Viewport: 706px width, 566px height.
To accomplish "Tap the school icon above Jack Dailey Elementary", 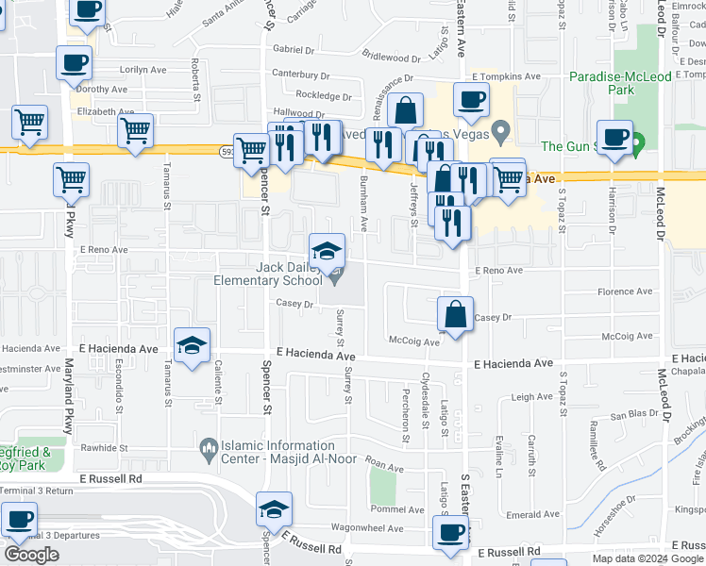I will click(x=327, y=251).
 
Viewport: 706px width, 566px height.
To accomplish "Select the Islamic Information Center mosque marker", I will click(x=207, y=445).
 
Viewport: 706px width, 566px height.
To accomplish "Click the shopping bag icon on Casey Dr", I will click(x=455, y=314).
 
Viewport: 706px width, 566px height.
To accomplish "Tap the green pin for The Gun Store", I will click(x=637, y=145).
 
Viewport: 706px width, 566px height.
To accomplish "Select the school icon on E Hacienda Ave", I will click(x=192, y=345).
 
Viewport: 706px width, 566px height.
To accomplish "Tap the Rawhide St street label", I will click(x=105, y=447).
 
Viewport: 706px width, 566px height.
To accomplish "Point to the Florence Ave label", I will click(x=631, y=292).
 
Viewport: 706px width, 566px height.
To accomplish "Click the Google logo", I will click(x=32, y=556).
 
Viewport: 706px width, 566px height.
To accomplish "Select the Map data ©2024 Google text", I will click(x=647, y=558).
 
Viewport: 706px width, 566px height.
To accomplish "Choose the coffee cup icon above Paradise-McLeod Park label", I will click(x=614, y=137).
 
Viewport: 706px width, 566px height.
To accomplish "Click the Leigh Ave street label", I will click(x=530, y=398).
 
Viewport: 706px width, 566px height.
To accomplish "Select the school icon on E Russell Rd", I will click(x=274, y=511).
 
